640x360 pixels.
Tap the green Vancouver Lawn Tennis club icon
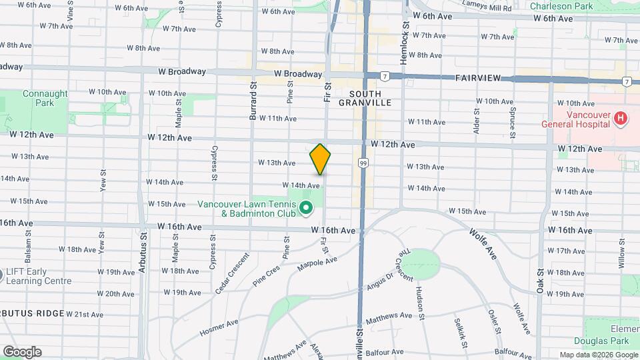pyautogui.click(x=306, y=209)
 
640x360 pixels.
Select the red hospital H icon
pyautogui.click(x=621, y=119)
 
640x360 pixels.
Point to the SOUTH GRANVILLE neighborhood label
pyautogui.click(x=365, y=98)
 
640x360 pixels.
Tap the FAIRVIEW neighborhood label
pyautogui.click(x=478, y=78)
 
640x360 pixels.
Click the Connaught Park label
pyautogui.click(x=45, y=99)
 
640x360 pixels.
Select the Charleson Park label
pyautogui.click(x=561, y=6)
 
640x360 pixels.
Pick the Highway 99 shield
pyautogui.click(x=363, y=162)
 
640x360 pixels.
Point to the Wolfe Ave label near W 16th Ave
pyautogui.click(x=483, y=243)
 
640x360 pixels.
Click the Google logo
pyautogui.click(x=22, y=352)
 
